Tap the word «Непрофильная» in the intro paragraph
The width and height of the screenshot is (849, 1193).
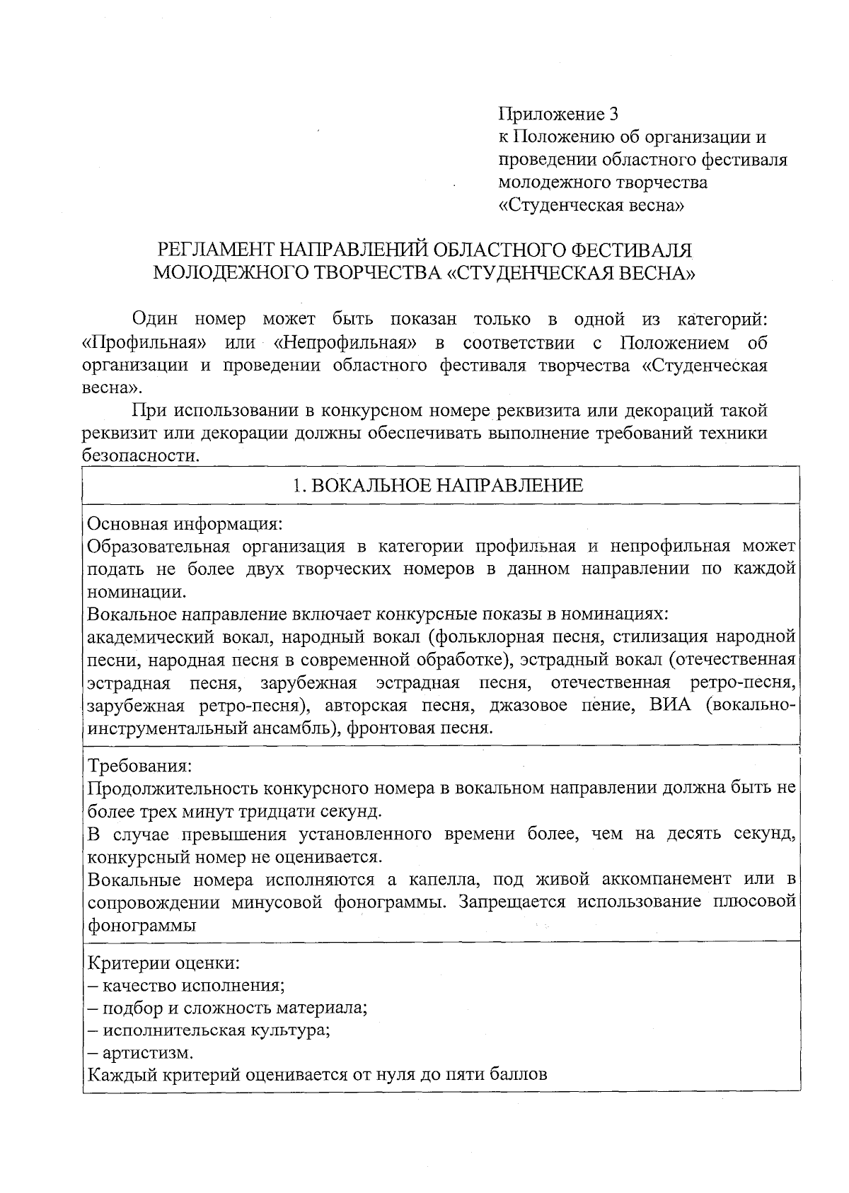[343, 344]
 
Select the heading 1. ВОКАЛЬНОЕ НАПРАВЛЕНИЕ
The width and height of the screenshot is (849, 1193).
[439, 485]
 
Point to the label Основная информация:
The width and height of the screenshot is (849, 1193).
[185, 524]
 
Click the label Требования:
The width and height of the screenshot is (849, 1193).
[139, 767]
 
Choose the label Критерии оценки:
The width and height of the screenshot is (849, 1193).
[163, 962]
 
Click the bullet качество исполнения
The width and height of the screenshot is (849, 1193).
[186, 985]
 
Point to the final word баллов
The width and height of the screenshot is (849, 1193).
[518, 1076]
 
